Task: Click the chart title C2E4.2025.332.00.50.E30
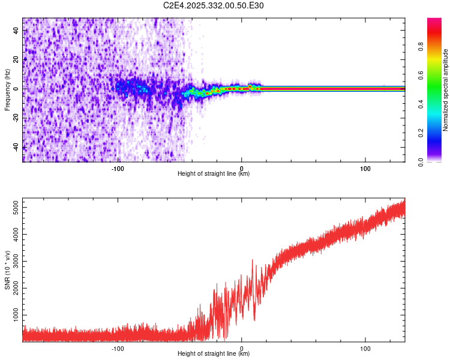tap(214, 6)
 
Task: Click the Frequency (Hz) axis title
tap(7, 89)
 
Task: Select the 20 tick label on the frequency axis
tap(16, 59)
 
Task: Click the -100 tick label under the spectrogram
tap(118, 167)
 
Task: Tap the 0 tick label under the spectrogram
tap(242, 167)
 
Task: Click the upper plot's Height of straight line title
tap(214, 174)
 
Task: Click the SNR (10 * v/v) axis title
tap(7, 271)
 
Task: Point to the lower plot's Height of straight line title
tap(214, 354)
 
